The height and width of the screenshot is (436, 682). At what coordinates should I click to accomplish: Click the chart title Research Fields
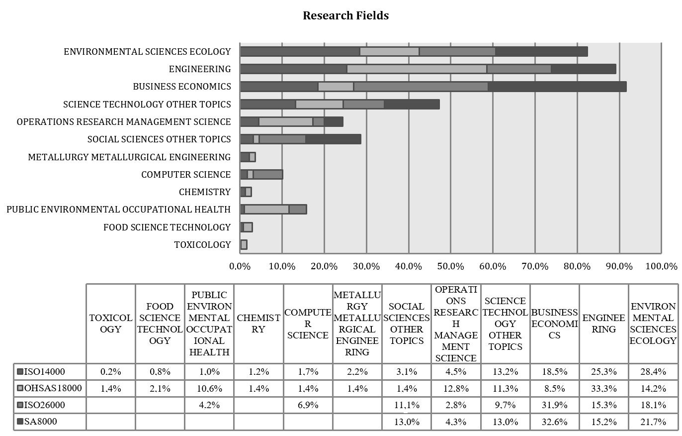pos(345,15)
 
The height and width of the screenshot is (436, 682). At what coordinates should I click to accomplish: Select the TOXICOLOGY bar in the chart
pos(244,244)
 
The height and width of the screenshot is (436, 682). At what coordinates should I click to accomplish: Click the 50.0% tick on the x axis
pos(450,266)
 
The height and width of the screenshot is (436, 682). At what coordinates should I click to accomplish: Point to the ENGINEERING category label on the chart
pos(199,69)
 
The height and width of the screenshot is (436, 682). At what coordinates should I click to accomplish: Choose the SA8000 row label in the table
pos(40,422)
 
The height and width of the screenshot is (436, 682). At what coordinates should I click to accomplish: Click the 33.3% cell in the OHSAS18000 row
pos(604,388)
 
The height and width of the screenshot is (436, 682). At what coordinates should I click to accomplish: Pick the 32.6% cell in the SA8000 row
pos(555,422)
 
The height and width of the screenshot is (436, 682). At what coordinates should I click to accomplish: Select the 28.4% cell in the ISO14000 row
pos(653,371)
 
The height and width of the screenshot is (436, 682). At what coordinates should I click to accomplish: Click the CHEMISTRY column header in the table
pos(258,324)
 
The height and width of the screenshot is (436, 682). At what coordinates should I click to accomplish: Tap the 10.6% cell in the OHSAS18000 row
pos(209,388)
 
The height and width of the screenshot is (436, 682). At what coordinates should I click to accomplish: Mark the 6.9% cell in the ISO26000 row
pos(308,405)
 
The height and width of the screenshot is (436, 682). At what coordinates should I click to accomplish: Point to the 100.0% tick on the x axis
pos(661,266)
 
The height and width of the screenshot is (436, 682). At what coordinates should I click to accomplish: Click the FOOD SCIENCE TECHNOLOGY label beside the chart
pos(167,227)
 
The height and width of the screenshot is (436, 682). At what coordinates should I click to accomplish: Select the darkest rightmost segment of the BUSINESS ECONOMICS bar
pos(557,87)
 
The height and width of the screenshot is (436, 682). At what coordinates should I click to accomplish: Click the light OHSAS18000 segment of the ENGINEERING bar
pos(417,69)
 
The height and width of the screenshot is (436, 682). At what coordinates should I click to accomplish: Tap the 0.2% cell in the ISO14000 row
pos(110,371)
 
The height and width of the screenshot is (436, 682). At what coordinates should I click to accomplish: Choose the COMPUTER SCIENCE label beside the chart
pos(186,175)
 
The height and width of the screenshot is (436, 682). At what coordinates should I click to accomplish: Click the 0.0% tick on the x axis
pos(240,266)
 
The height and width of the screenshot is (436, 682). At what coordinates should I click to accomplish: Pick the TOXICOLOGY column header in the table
pos(110,324)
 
